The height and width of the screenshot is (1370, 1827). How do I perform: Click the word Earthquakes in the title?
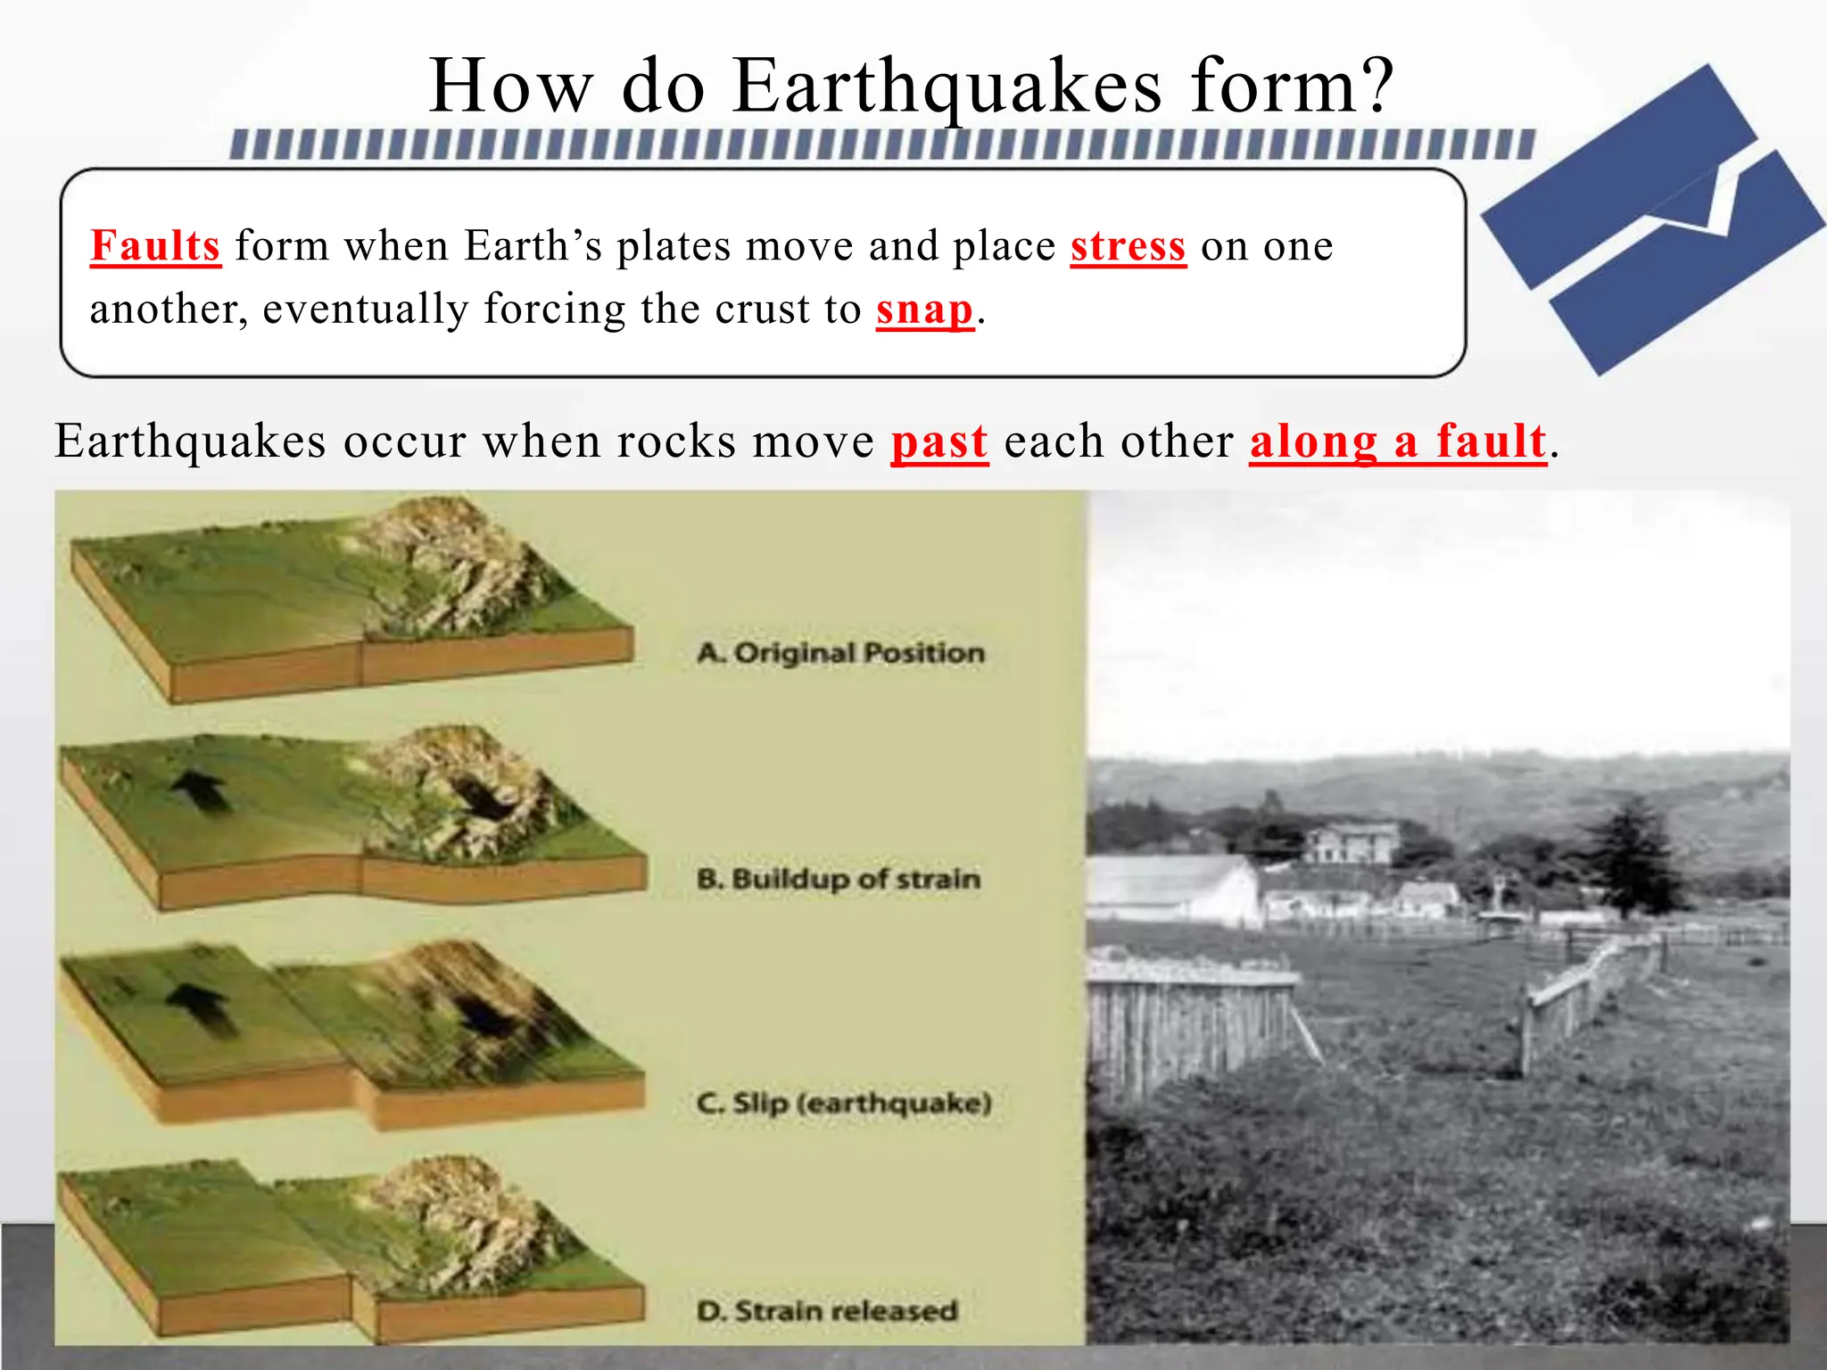click(947, 87)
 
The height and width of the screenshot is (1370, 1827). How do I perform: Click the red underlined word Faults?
click(155, 246)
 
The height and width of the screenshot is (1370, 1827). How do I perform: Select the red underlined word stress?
click(1128, 247)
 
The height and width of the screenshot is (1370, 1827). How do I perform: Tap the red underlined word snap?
click(924, 309)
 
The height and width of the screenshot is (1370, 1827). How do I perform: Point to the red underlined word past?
click(939, 442)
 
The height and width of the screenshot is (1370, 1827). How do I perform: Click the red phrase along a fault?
click(1397, 442)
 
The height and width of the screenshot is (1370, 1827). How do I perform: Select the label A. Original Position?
click(840, 653)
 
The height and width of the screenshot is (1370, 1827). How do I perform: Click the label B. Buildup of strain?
click(839, 879)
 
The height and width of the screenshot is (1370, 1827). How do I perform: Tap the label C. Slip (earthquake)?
click(844, 1103)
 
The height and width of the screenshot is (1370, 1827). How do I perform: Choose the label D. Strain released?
click(827, 1311)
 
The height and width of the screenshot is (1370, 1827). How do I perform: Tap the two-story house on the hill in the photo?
click(1352, 842)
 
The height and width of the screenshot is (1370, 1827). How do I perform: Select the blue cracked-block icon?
click(1650, 219)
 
